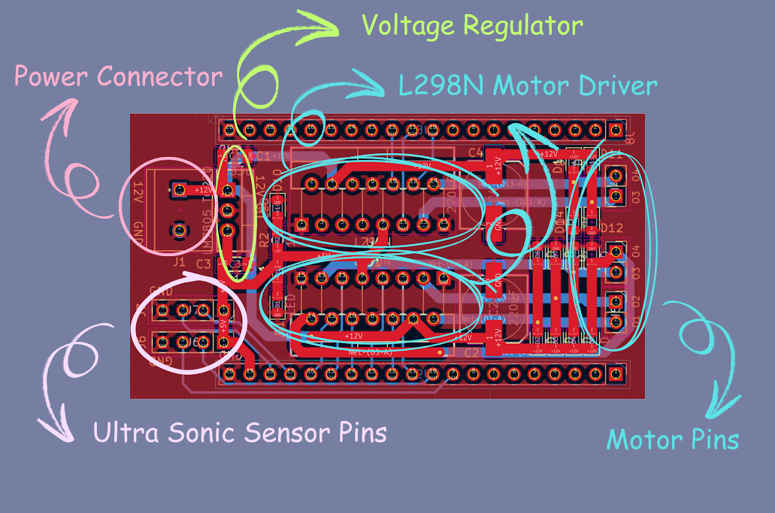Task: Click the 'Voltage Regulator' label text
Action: point(472,26)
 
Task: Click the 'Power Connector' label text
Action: point(118,77)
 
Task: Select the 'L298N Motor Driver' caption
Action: point(527,85)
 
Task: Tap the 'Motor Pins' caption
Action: point(673,439)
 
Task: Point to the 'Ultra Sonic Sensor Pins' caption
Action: point(240,433)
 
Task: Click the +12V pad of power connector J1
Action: point(179,190)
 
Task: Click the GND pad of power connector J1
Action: point(179,230)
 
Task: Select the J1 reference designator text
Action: point(179,262)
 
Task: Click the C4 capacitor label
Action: point(475,152)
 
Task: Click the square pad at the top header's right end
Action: point(616,130)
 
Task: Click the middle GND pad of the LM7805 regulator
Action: point(228,211)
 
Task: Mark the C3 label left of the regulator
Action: point(204,264)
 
